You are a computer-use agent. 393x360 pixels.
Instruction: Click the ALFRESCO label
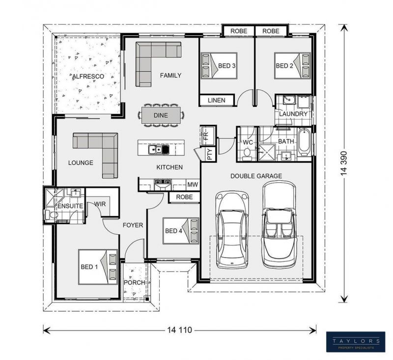tap(88, 77)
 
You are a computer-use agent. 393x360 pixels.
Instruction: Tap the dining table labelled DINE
tap(161, 115)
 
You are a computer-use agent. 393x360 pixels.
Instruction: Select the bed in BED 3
tap(219, 66)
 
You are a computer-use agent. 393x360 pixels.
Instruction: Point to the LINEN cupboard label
tap(217, 100)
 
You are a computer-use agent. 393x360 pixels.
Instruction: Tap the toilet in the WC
tap(248, 153)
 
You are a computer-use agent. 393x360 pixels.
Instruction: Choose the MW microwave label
tap(193, 185)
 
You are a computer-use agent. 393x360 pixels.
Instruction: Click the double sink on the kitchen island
tap(155, 150)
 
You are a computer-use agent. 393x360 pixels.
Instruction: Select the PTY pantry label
tap(210, 154)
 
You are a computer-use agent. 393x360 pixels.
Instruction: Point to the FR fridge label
tap(205, 136)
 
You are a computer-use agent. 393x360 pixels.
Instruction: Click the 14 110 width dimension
tap(179, 330)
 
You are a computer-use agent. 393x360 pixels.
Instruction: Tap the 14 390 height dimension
tap(344, 163)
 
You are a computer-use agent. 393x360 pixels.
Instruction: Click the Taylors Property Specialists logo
tap(355, 342)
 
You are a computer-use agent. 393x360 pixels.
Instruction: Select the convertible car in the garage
tap(279, 225)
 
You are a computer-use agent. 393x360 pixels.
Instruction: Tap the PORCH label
tap(134, 282)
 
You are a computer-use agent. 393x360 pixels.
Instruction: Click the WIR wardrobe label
tap(100, 204)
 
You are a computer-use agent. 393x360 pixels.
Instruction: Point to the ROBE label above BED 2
tap(271, 31)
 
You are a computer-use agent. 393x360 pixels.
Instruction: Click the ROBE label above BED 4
tap(184, 197)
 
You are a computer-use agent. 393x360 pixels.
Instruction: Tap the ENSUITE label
tap(70, 206)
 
